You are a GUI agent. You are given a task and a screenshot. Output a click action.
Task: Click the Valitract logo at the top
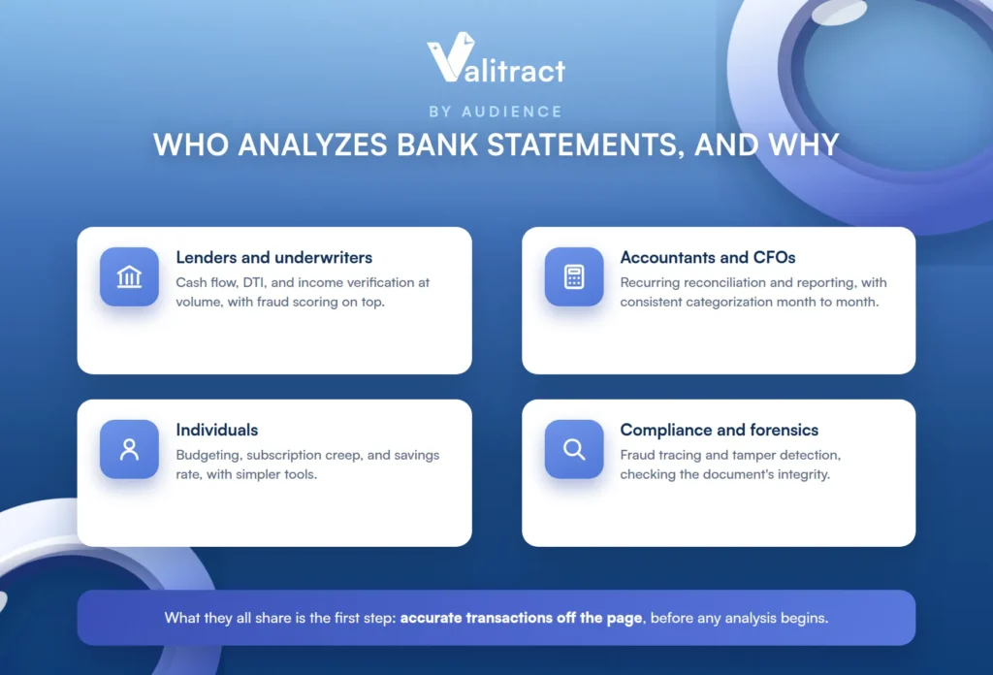[x=496, y=57]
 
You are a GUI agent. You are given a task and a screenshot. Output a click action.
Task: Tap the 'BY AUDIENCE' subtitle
[x=496, y=112]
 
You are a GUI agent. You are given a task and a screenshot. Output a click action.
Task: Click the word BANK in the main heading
[x=437, y=145]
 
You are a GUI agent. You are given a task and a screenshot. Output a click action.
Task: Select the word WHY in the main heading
[x=804, y=145]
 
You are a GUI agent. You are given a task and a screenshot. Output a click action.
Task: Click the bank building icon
[x=129, y=276]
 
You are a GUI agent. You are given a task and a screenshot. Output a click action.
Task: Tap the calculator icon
[x=574, y=276]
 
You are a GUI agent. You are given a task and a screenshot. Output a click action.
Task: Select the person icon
[x=129, y=449]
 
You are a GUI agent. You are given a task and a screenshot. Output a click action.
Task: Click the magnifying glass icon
[x=574, y=449]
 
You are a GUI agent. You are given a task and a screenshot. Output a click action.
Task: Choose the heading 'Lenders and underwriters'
[x=274, y=258]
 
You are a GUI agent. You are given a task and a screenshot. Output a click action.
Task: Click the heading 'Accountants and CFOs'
[x=707, y=258]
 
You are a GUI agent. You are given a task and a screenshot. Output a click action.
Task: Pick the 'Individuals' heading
[x=217, y=430]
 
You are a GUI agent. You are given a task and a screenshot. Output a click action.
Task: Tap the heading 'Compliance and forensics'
[x=720, y=430]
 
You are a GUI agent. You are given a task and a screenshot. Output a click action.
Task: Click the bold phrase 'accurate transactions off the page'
[x=521, y=618]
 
